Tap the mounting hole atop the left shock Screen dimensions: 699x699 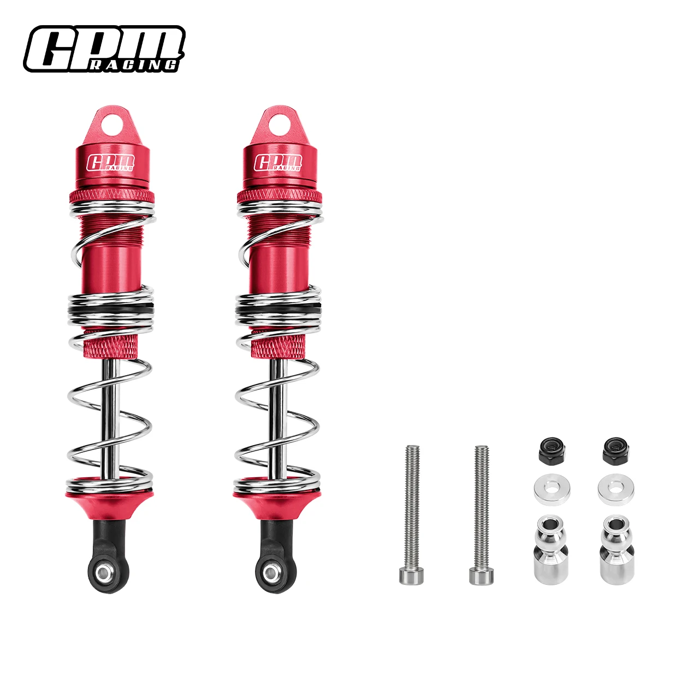click(111, 126)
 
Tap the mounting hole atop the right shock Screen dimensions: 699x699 click(279, 126)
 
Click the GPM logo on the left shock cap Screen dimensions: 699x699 click(111, 163)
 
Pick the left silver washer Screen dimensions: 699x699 click(552, 490)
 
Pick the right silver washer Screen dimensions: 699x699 click(615, 490)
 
